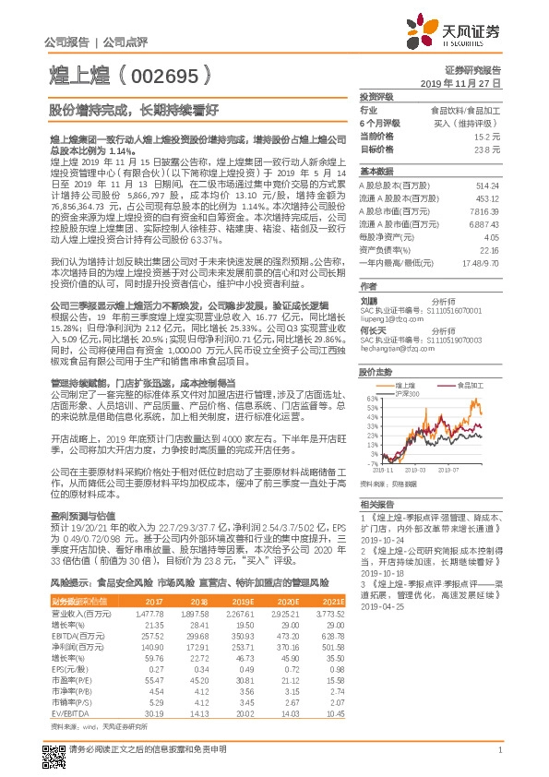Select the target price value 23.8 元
[x=487, y=149]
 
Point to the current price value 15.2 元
[x=487, y=136]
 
